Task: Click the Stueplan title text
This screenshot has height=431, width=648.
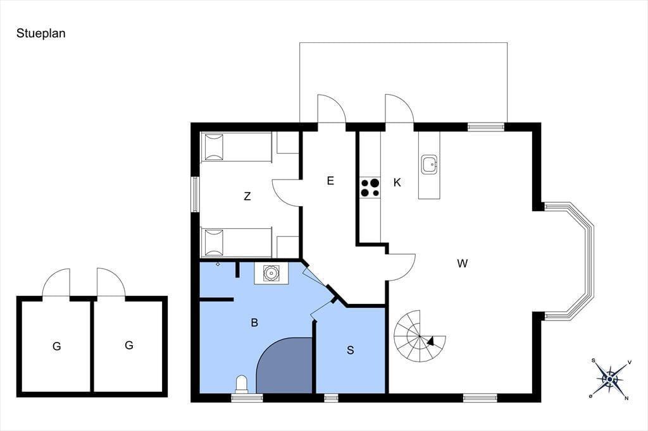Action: (41, 33)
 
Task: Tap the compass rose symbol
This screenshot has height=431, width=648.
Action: (610, 379)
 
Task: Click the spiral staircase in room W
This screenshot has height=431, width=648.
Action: (420, 336)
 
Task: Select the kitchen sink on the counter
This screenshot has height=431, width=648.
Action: (430, 164)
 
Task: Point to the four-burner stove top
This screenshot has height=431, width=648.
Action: (370, 188)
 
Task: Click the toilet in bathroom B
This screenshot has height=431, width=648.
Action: (241, 384)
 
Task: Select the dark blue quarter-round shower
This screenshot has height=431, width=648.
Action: (284, 365)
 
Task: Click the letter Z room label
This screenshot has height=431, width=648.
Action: (247, 196)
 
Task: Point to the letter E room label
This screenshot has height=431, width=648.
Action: (330, 181)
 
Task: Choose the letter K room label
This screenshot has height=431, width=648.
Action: (397, 183)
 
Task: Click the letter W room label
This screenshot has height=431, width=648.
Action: (463, 263)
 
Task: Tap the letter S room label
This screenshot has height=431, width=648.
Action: (351, 350)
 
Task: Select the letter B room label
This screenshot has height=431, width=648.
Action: (254, 322)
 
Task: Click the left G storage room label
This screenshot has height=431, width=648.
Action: (56, 346)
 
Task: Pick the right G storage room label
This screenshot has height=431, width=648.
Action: (129, 344)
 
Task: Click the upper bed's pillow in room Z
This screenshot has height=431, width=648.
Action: (214, 147)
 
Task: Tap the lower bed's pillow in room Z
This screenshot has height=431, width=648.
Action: (214, 242)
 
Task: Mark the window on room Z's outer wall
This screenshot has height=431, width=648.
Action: (195, 195)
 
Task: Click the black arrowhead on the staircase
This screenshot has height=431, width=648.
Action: (430, 341)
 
